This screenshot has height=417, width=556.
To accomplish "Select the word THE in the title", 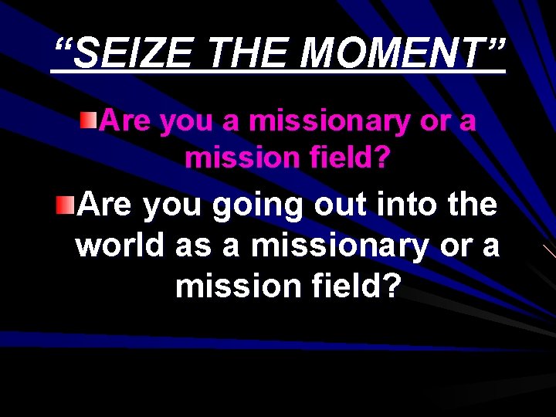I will tap(249, 54).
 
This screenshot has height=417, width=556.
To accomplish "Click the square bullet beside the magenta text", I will tap(90, 119).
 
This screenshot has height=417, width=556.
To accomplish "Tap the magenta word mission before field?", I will tap(242, 158).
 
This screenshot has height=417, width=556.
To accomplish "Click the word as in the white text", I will tap(192, 247).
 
